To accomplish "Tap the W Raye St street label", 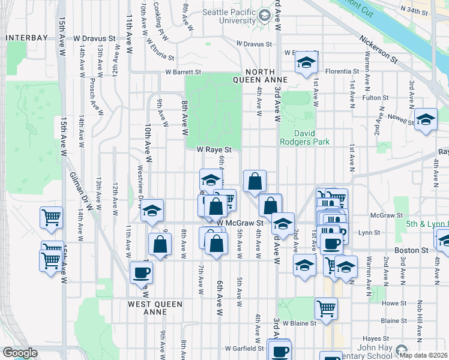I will click(x=214, y=149).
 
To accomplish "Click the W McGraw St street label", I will click(x=240, y=223).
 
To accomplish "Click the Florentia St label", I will click(x=342, y=71).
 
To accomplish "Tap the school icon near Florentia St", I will click(x=306, y=62).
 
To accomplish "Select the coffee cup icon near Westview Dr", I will click(x=142, y=273).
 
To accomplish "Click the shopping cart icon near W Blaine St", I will click(x=326, y=308).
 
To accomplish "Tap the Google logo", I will click(x=20, y=353).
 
